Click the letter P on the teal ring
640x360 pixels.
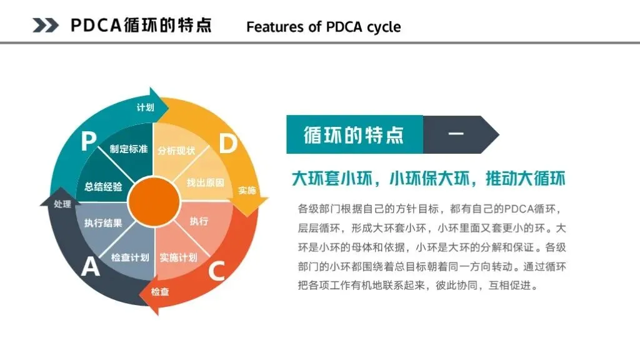tap(88, 142)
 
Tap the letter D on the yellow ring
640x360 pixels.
tap(228, 144)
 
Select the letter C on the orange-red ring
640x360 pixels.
tap(216, 271)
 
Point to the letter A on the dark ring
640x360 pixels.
tap(91, 267)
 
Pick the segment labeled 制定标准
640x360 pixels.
tap(128, 149)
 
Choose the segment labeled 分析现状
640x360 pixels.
tap(176, 151)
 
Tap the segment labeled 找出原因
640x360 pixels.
tap(205, 182)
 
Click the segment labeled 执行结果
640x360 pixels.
tap(103, 222)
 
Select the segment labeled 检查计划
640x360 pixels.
tap(130, 257)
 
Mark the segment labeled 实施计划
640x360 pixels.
tap(178, 257)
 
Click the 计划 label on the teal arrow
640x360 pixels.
tap(145, 107)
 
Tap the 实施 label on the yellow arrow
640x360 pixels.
tap(247, 190)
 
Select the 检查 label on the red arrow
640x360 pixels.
tap(160, 291)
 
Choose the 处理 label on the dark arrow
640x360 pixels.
tap(62, 204)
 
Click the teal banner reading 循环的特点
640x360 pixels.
tap(354, 134)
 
